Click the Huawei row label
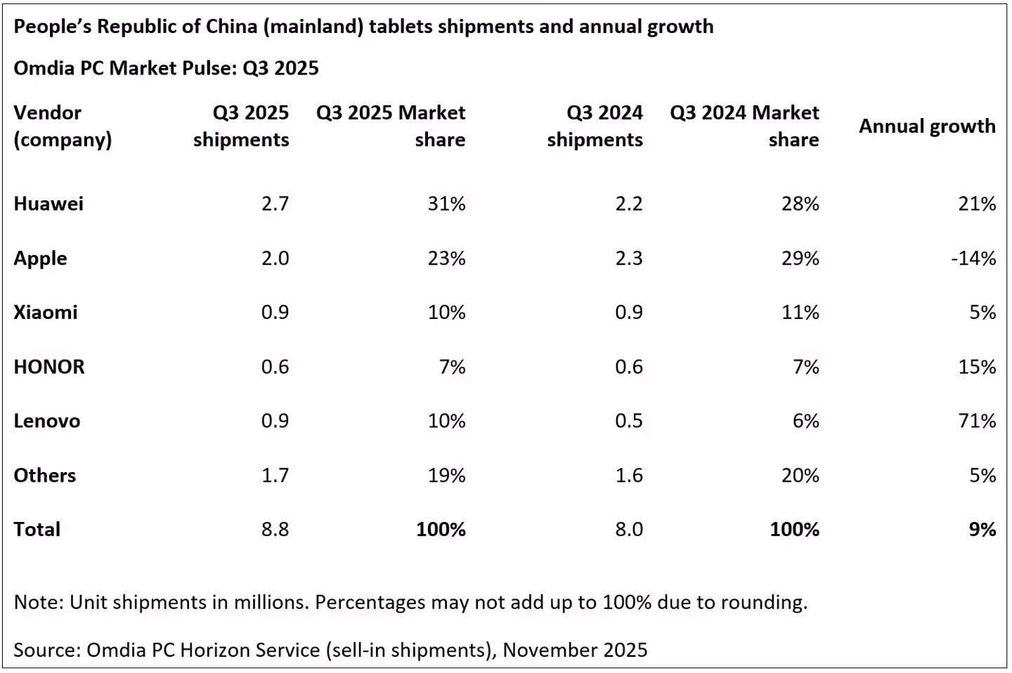(x=48, y=204)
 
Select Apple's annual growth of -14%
(x=973, y=259)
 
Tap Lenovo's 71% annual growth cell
(x=977, y=421)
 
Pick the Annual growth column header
(x=927, y=126)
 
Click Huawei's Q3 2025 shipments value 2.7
(x=275, y=204)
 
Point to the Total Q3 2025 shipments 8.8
(x=275, y=529)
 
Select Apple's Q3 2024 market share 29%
(x=800, y=259)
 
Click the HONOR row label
(x=49, y=367)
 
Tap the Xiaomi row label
(x=46, y=312)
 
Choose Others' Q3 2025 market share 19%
(x=446, y=476)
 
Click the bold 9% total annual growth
(x=982, y=529)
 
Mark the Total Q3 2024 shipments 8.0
(x=628, y=529)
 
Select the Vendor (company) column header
(x=63, y=126)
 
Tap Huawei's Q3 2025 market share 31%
(x=446, y=204)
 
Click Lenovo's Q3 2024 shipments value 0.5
(x=628, y=421)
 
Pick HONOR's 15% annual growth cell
(x=977, y=367)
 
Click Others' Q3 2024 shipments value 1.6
(x=628, y=476)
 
